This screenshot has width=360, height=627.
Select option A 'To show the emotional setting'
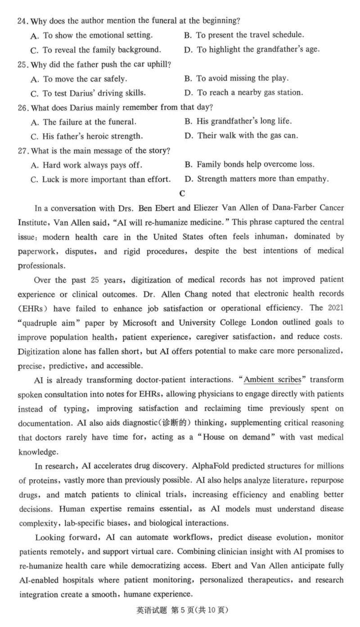(x=97, y=35)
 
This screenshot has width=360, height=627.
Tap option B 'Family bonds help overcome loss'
(x=255, y=165)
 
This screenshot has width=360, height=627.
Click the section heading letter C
(x=182, y=194)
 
